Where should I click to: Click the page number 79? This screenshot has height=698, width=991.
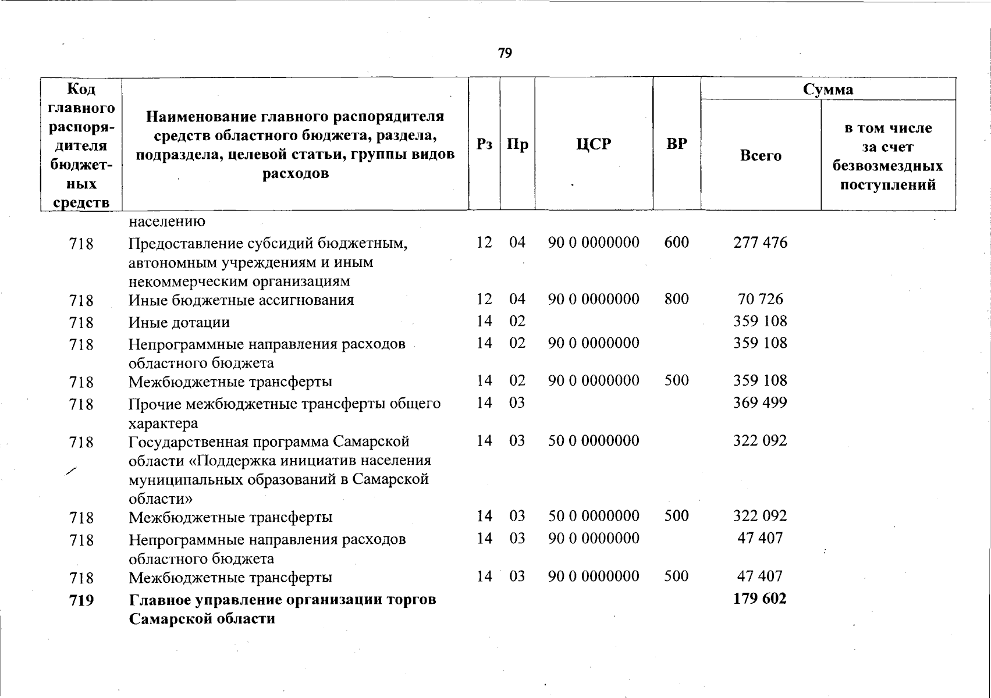[505, 54]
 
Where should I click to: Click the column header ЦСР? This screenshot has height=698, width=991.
[594, 144]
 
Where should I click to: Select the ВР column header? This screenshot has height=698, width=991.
[677, 144]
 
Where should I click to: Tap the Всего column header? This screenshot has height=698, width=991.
[761, 155]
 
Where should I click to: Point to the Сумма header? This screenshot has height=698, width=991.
[828, 89]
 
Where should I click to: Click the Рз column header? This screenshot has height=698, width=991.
[484, 144]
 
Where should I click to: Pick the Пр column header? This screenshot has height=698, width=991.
[517, 144]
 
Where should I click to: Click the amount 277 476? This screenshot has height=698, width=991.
[760, 242]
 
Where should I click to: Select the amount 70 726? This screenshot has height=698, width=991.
[760, 299]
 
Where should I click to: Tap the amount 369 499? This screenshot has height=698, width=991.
[760, 403]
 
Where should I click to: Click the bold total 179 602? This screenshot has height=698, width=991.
[760, 599]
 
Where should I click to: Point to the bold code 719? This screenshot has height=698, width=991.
[81, 600]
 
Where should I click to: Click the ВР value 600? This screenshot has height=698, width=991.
[676, 242]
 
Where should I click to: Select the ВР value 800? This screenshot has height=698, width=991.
[676, 299]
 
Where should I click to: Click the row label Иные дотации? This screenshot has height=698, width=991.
[179, 322]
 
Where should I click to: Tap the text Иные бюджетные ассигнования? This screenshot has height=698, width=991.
[241, 300]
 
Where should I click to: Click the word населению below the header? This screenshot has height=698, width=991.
[166, 222]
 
